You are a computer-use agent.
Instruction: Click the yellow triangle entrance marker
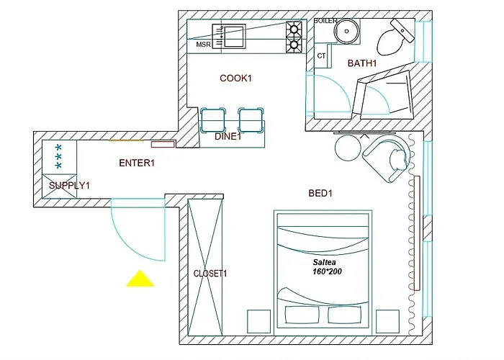(x=140, y=279)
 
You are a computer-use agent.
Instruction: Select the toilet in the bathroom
(x=395, y=37)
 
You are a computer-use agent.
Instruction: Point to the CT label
(x=322, y=55)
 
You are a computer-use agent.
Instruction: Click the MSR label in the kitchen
(x=204, y=45)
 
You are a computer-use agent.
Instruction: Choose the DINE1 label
(x=228, y=136)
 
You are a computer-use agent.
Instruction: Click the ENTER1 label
(x=137, y=163)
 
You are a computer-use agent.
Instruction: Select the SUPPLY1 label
(x=69, y=186)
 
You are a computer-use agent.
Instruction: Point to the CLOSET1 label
(x=210, y=274)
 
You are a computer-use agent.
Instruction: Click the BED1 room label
(x=320, y=193)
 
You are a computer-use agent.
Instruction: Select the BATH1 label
(x=362, y=63)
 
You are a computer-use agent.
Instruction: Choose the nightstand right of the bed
(x=387, y=321)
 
